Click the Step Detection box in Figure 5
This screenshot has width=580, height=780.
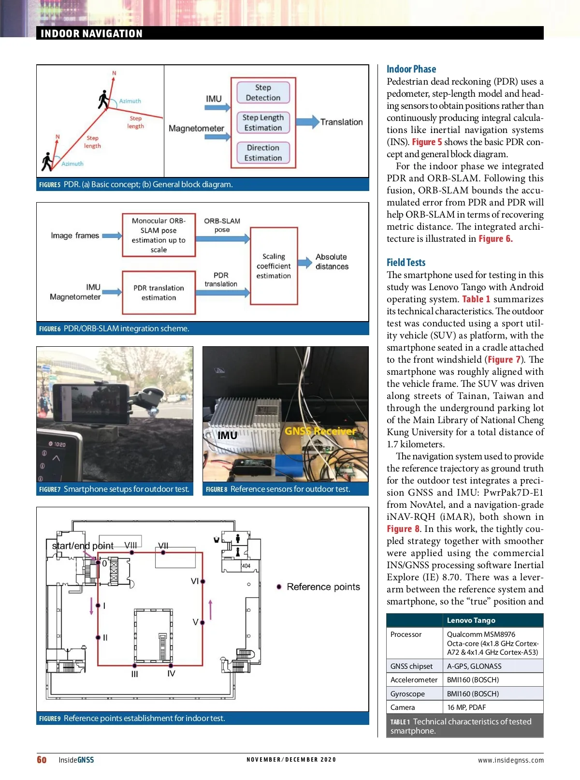[x=263, y=92]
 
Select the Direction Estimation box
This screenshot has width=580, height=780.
[x=263, y=153]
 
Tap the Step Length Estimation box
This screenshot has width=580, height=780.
[x=263, y=123]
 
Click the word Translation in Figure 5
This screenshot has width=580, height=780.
[x=341, y=122]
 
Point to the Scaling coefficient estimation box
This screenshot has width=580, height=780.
[x=274, y=266]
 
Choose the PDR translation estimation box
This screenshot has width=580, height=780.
[x=159, y=293]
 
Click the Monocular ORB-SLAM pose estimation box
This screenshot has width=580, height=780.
[x=159, y=235]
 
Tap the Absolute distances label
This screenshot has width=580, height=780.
[x=332, y=262]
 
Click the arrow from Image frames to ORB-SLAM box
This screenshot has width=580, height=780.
[x=112, y=235]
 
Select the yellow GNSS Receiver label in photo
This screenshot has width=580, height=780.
[x=320, y=431]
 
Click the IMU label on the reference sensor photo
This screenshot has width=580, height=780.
[x=227, y=435]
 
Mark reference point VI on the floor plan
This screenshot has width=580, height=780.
[x=203, y=581]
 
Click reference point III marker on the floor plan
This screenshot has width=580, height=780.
[x=134, y=666]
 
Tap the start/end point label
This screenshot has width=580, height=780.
[x=83, y=546]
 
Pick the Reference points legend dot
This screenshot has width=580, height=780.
[x=279, y=587]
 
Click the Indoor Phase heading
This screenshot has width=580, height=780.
[x=411, y=69]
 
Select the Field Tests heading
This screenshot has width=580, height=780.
[x=406, y=263]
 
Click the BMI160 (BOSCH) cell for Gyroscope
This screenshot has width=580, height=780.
[x=473, y=693]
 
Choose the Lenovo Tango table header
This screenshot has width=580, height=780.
[x=471, y=620]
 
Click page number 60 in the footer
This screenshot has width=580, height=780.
[x=42, y=760]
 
